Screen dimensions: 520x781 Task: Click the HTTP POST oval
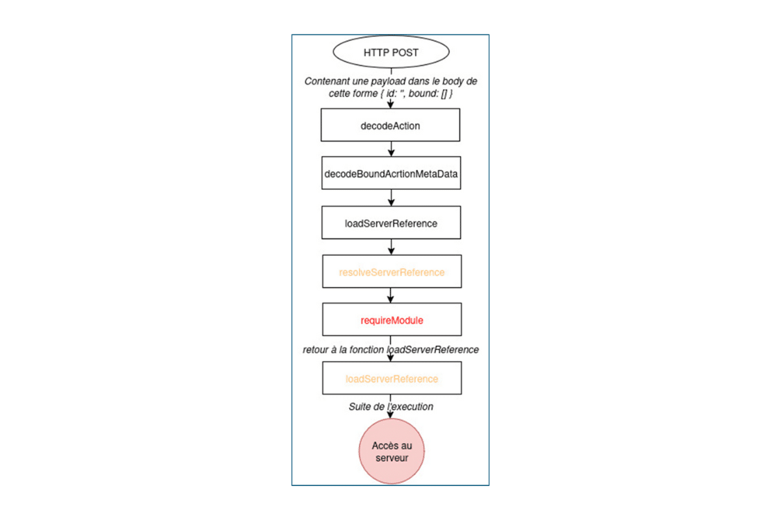[391, 53]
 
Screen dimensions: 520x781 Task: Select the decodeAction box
[391, 126]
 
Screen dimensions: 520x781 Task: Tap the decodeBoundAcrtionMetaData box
[391, 175]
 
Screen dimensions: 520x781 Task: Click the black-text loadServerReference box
[391, 223]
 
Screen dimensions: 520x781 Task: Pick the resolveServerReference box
[391, 272]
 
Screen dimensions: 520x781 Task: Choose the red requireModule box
[391, 320]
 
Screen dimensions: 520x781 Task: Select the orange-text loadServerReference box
[391, 379]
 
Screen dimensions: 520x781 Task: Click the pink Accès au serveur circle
[391, 451]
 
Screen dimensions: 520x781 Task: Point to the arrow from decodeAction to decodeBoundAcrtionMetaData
[391, 149]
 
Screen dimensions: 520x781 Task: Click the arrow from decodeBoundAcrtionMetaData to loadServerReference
[391, 198]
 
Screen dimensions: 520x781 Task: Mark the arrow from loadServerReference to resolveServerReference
[391, 246]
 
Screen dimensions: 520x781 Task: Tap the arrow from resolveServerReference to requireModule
[391, 295]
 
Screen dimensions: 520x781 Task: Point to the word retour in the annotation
[317, 349]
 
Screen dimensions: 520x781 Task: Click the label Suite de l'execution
[391, 406]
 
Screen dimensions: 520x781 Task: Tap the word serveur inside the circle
[391, 458]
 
